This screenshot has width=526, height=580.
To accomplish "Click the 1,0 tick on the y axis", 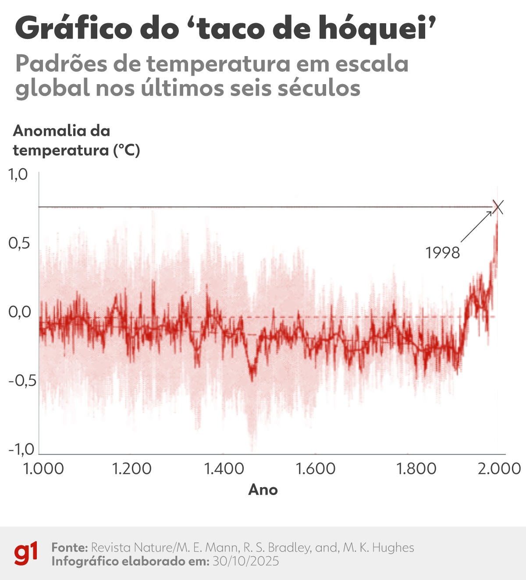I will point(18,174).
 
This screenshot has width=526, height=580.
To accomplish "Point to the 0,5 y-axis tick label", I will point(19,243).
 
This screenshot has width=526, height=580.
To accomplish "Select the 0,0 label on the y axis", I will point(19,312).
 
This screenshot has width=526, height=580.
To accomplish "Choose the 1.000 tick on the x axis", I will point(43,469).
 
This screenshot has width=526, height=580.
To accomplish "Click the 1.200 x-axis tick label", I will point(131,469).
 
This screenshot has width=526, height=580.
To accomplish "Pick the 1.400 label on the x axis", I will point(224,469).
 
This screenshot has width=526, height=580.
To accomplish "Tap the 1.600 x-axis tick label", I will point(316,469).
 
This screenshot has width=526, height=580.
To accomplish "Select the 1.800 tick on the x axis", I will point(416,469).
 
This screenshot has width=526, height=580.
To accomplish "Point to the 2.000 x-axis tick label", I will point(499,469).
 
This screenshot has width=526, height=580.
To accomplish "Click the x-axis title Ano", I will point(263,489).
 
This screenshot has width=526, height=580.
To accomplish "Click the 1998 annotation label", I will point(443,253).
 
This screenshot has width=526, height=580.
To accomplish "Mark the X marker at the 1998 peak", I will point(498,207).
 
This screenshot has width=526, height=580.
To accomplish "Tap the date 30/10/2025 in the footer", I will point(245,561).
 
